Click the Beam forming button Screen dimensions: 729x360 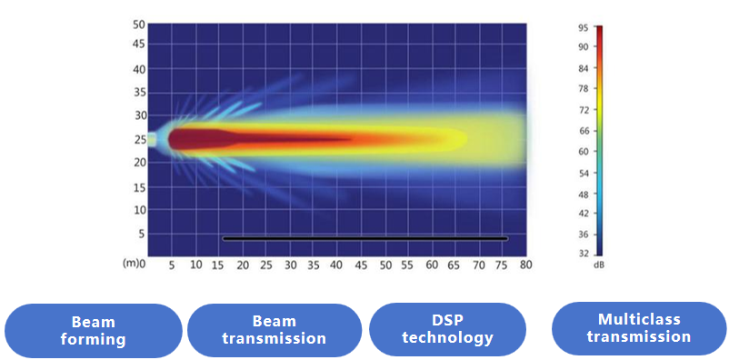(93, 331)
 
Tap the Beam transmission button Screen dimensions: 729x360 (275, 331)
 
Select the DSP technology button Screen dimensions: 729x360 (448, 330)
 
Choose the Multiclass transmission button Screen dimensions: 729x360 (639, 328)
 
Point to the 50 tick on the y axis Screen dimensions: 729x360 (139, 25)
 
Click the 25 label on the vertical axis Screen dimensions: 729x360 (139, 138)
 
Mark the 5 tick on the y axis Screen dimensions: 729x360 (142, 234)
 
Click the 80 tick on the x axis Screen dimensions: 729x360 (527, 265)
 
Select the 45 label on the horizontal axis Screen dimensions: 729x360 (361, 265)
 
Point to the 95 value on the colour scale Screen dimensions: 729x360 (584, 28)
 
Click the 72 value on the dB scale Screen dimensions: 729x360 (584, 110)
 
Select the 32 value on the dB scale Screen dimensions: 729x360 (584, 254)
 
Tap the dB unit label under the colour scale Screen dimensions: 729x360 (599, 265)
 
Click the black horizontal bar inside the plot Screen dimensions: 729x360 (365, 238)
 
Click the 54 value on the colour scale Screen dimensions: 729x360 (584, 173)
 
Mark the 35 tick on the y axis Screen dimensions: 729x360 (139, 92)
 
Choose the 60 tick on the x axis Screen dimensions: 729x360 (433, 265)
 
